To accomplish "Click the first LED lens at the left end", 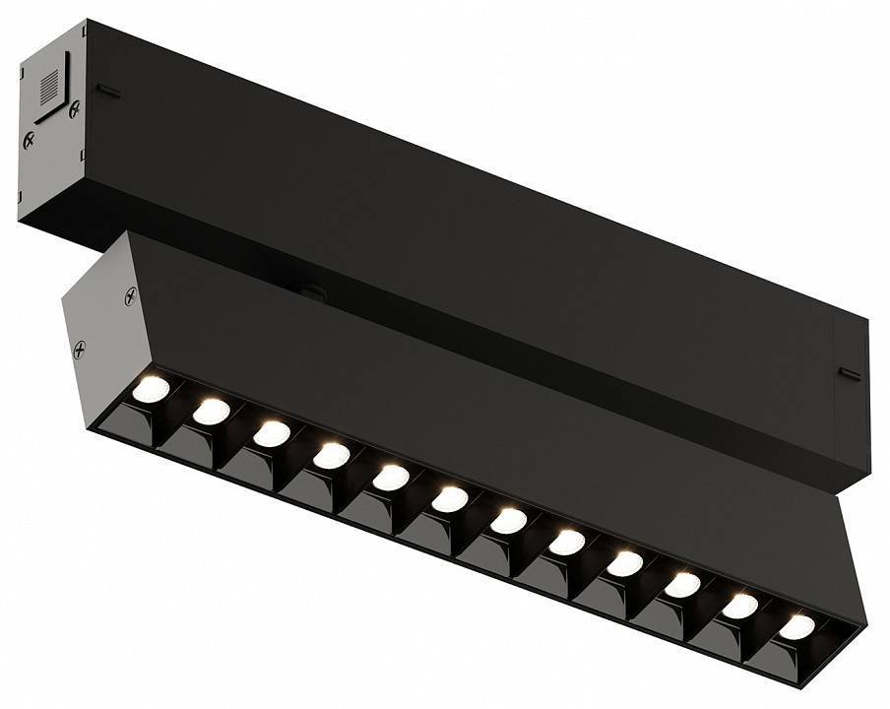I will (x=151, y=389).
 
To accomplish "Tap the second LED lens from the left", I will (x=211, y=412).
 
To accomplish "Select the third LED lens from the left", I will (x=271, y=433).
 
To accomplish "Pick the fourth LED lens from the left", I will (x=331, y=455).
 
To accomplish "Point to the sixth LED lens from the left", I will (x=450, y=498).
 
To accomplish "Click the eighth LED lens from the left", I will (x=567, y=542).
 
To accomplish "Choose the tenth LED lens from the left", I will (x=682, y=584).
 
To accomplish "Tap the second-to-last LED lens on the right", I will (x=740, y=606).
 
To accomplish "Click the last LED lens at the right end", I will (x=797, y=627).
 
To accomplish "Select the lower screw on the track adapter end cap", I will (x=29, y=141).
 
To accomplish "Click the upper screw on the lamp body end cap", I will (x=129, y=294).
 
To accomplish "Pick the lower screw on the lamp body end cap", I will (x=80, y=348).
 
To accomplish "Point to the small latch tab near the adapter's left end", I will (x=107, y=92).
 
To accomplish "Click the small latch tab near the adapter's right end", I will (x=848, y=373).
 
